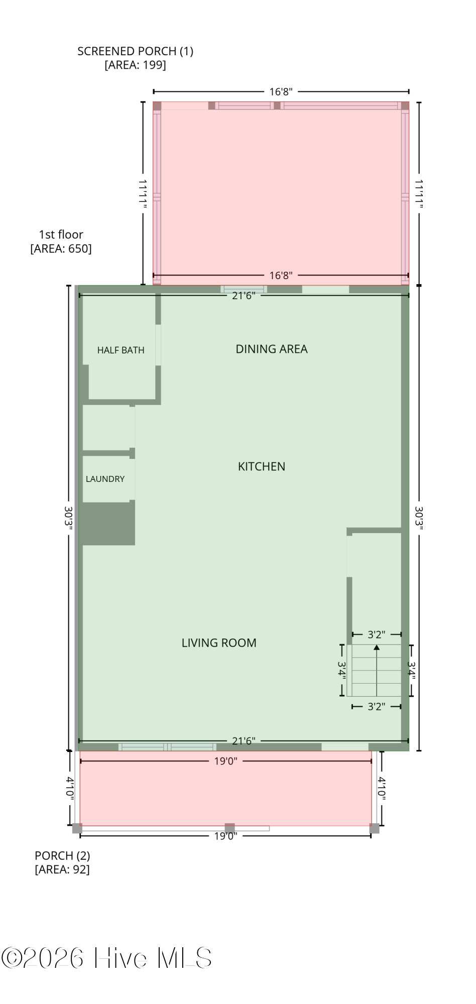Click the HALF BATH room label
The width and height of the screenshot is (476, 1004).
point(121,350)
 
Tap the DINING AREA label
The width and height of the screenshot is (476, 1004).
point(272,349)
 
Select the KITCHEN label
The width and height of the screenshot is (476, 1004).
point(262,466)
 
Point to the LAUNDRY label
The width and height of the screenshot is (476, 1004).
point(105,479)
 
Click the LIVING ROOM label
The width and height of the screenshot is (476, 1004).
point(219,643)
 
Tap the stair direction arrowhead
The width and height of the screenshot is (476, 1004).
point(377,648)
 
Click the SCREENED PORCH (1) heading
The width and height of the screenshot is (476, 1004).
point(135,51)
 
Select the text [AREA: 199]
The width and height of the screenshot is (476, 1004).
point(135,65)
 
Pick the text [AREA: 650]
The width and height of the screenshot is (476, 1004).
point(61,248)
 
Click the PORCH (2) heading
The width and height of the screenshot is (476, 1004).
point(62,855)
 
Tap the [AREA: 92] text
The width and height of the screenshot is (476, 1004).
point(62,869)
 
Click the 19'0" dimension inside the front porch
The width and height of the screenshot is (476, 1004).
point(225,761)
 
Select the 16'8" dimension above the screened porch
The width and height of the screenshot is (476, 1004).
point(281,91)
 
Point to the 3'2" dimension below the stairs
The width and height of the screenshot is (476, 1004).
point(377,706)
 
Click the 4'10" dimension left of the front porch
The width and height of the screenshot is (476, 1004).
point(70,788)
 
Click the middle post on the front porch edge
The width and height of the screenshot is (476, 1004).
point(229,828)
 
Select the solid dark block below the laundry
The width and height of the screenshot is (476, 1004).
point(108,524)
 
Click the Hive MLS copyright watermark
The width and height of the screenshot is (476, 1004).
point(106,958)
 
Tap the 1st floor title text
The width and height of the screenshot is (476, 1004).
point(61,234)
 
